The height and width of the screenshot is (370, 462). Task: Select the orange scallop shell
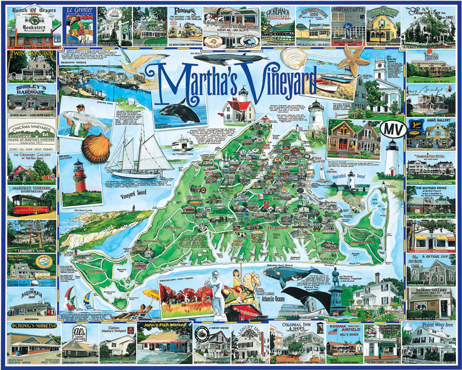click(x=96, y=148)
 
